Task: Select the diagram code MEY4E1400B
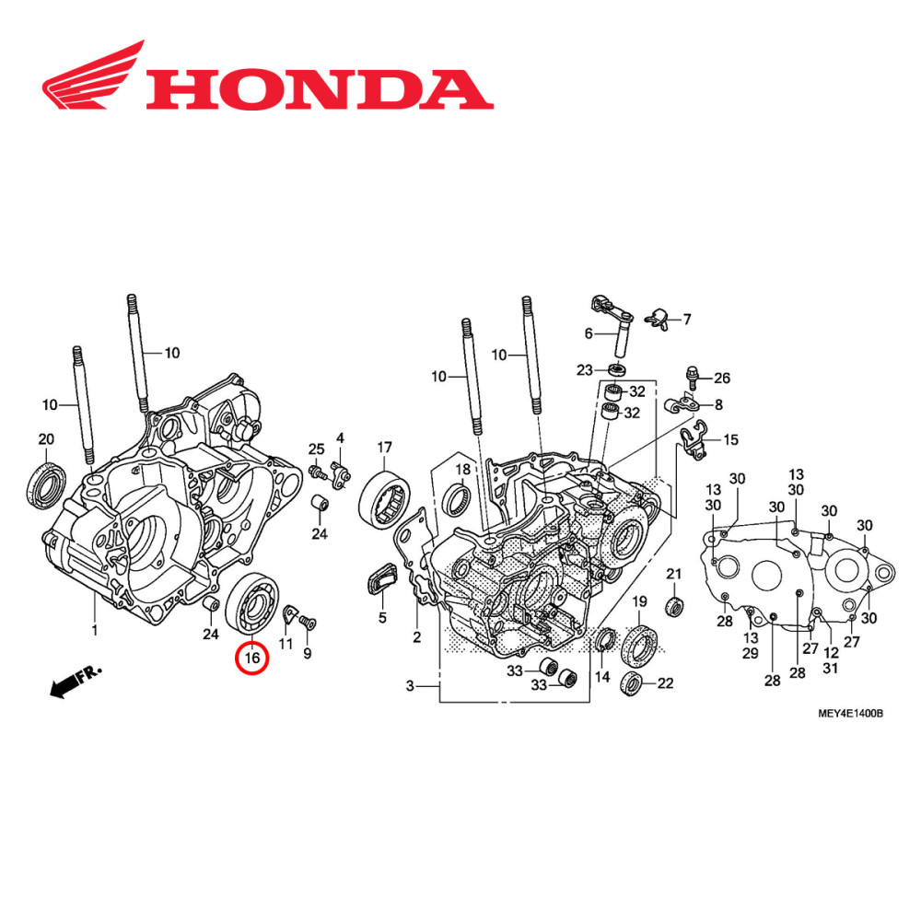[850, 713]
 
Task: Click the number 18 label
[462, 469]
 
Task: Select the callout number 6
[589, 333]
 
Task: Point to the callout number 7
[685, 320]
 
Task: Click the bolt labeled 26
[692, 375]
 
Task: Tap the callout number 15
[730, 440]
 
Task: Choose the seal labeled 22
[634, 682]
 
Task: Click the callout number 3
[410, 686]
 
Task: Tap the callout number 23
[585, 370]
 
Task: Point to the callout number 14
[602, 677]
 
